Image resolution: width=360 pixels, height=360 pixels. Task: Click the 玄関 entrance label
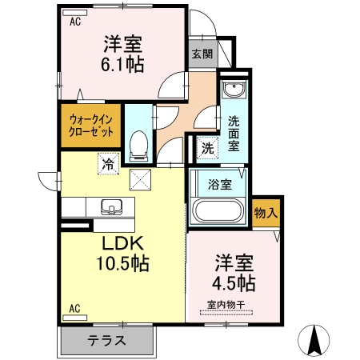tap(202, 54)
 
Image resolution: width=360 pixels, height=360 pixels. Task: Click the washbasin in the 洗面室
tap(234, 90)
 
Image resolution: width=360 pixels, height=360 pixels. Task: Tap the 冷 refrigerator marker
tap(106, 165)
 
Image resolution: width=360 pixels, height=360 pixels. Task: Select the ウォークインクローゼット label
tap(89, 126)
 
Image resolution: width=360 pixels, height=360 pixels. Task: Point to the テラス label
tap(107, 340)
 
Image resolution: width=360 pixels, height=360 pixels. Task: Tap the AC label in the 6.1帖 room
tap(74, 22)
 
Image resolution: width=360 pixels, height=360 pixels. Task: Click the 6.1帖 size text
tap(122, 64)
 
